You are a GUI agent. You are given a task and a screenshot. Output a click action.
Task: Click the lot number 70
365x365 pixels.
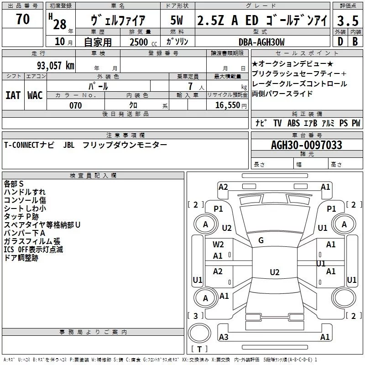click(x=22, y=19)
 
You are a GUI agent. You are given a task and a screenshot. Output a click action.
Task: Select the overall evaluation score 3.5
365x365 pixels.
click(x=348, y=21)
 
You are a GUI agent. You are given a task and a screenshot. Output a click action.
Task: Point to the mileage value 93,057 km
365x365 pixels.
click(x=56, y=65)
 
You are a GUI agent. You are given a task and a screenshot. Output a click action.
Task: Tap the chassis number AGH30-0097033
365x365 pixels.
click(x=306, y=145)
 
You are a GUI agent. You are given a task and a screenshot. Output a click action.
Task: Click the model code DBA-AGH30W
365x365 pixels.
click(x=261, y=42)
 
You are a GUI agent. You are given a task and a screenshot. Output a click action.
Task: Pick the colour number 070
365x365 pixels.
click(x=75, y=105)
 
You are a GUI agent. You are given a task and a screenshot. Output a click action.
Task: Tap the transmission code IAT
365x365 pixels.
click(x=13, y=95)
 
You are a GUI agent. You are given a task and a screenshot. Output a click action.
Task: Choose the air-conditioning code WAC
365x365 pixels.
click(x=35, y=95)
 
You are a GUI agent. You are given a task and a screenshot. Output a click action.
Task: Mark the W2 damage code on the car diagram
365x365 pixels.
click(x=218, y=244)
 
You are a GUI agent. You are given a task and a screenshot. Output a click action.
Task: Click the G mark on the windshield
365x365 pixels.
click(x=261, y=240)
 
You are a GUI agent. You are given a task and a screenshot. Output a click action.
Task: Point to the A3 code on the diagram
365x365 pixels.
click(x=224, y=337)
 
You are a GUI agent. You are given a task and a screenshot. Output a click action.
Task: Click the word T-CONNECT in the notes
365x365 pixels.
click(x=21, y=145)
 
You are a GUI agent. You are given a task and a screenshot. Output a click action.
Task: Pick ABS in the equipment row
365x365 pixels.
click(x=293, y=123)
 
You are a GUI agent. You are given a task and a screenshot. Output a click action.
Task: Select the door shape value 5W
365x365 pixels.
click(x=177, y=21)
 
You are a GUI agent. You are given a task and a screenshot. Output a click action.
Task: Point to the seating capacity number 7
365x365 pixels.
click(x=188, y=86)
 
